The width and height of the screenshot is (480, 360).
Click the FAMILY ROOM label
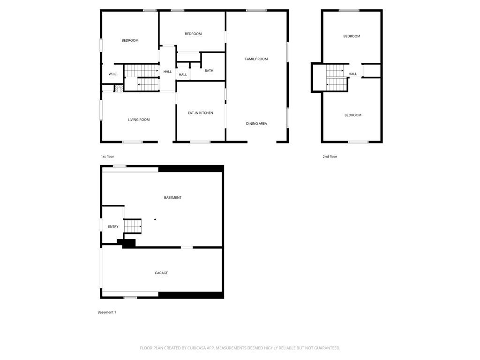256,59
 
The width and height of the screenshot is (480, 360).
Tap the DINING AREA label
256,124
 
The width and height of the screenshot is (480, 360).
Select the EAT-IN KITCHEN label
200,113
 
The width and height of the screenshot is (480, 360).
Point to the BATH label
209,71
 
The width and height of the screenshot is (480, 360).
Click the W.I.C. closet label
112,74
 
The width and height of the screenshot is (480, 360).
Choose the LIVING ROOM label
139,120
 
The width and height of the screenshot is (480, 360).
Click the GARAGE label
161,273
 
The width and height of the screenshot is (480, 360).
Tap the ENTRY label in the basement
113,227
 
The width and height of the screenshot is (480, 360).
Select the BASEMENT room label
172,198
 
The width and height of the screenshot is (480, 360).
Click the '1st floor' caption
107,157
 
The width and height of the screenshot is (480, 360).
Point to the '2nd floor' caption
330,157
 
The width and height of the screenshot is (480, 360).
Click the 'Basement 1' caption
106,312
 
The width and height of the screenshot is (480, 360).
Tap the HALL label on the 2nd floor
352,74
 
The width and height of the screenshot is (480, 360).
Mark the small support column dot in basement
155,219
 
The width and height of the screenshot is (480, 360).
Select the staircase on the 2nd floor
337,77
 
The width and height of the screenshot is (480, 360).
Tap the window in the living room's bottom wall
133,142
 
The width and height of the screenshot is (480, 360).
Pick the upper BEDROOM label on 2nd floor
352,36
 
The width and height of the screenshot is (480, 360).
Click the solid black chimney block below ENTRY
128,243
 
